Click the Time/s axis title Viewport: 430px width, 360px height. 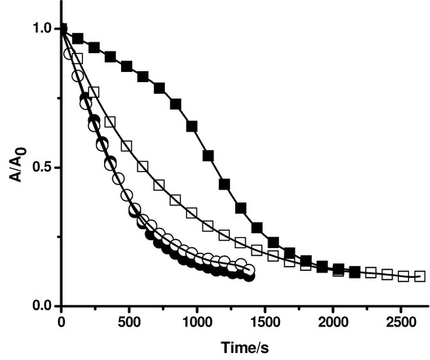[237, 344]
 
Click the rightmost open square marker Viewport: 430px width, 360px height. [420, 276]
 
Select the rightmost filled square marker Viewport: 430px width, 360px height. [355, 272]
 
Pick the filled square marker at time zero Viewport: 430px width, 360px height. [62, 29]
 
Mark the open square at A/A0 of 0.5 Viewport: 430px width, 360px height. [143, 167]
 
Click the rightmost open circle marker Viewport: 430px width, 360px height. [249, 271]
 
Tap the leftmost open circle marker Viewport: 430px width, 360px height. [69, 55]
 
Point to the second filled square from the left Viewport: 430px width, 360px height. [77, 38]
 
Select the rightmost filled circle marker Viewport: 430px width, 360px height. [249, 275]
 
